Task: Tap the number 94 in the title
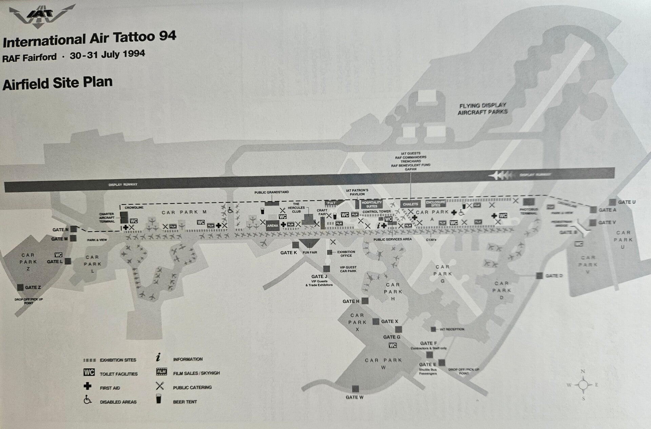point(167,36)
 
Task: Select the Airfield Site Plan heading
point(57,83)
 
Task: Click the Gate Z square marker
point(20,287)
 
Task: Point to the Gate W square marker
point(355,388)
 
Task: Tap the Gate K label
point(289,253)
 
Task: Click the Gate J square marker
point(326,269)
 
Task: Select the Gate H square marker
point(365,301)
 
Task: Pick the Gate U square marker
point(612,202)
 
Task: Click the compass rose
point(583,385)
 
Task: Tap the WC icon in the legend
point(89,372)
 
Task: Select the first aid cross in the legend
point(87,386)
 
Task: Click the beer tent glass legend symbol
point(159,399)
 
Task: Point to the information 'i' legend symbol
point(158,357)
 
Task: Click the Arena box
point(273,226)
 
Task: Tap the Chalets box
point(410,204)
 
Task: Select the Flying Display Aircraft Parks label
point(482,109)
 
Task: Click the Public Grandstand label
point(272,192)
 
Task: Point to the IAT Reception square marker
point(433,329)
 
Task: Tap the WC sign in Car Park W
point(393,345)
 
